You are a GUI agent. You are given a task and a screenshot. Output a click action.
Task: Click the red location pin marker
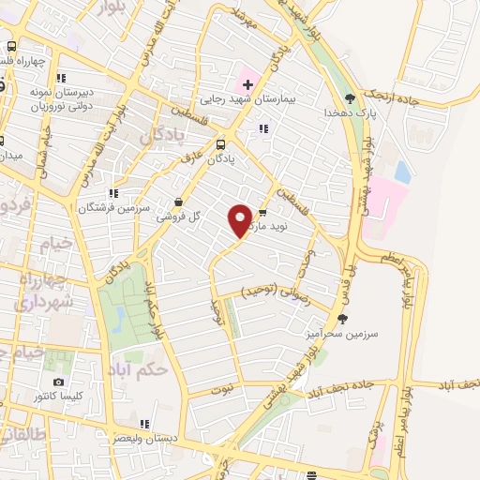(x=240, y=220)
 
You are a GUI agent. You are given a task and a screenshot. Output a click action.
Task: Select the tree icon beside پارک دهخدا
(x=351, y=97)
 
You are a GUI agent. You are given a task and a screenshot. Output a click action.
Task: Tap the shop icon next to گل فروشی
(x=179, y=202)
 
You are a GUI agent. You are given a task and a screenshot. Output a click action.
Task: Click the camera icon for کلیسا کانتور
(x=59, y=382)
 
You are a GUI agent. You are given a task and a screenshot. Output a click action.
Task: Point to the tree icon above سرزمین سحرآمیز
(x=341, y=319)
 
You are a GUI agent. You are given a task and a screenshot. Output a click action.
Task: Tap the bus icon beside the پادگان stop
(x=220, y=144)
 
